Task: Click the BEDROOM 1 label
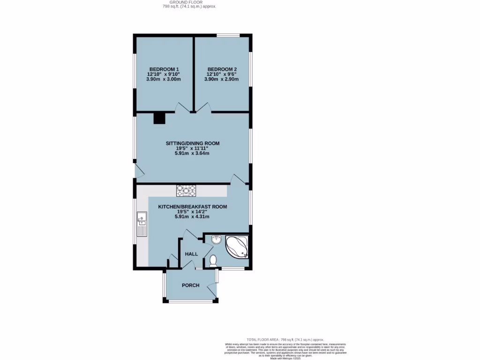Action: tap(164, 69)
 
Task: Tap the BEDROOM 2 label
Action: tap(221, 69)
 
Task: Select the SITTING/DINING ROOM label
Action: tap(192, 143)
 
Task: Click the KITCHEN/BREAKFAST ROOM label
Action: tap(192, 206)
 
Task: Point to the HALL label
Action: tap(191, 254)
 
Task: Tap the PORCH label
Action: tap(191, 285)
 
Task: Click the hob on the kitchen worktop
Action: tap(186, 191)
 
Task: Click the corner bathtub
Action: tap(238, 247)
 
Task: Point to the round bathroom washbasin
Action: tap(217, 240)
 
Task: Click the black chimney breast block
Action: tap(159, 118)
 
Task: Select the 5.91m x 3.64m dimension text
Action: tap(192, 153)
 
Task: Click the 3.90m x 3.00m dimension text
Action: tap(164, 79)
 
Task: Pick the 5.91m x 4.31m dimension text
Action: tap(192, 217)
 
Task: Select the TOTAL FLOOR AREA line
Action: tap(285, 339)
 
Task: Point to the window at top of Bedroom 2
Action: tap(228, 35)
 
